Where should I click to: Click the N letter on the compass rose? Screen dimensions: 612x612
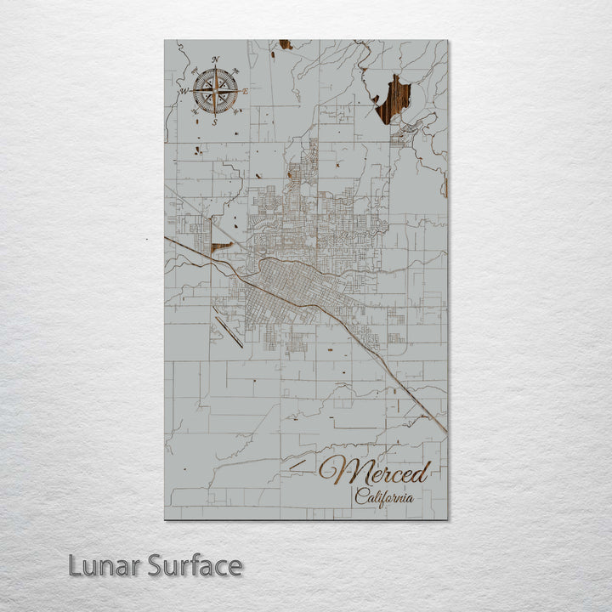[x=216, y=59]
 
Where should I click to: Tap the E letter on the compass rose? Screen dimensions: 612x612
[x=246, y=91]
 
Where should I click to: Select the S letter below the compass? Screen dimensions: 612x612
[x=214, y=122]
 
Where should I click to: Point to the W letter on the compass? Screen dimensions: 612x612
[x=182, y=89]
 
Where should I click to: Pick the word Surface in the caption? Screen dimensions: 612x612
[x=195, y=565]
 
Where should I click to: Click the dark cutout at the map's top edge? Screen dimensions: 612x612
[x=285, y=44]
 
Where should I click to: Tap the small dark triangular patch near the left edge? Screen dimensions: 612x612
[x=220, y=247]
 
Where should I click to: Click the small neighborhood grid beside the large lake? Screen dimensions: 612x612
[x=406, y=127]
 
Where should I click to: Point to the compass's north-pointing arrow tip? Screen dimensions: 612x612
[x=215, y=68]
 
